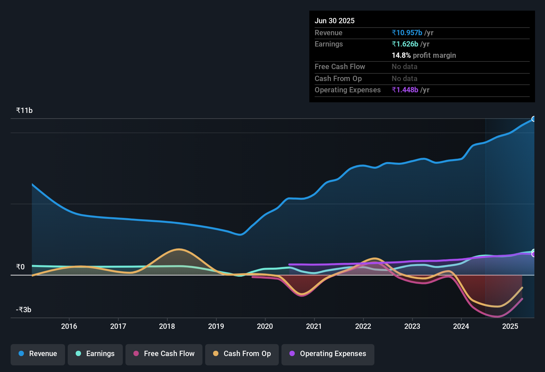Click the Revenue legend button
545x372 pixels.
pyautogui.click(x=38, y=354)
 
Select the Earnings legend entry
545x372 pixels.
pyautogui.click(x=95, y=354)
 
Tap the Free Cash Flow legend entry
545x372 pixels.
pyautogui.click(x=164, y=354)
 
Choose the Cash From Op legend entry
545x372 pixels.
pyautogui.click(x=242, y=354)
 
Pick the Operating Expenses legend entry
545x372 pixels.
pyautogui.click(x=328, y=354)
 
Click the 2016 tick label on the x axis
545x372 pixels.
pyautogui.click(x=69, y=326)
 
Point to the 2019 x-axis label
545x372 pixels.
pyautogui.click(x=216, y=326)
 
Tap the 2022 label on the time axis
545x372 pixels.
pyautogui.click(x=363, y=326)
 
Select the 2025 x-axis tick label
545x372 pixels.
pyautogui.click(x=510, y=326)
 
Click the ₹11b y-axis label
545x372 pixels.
pyautogui.click(x=24, y=111)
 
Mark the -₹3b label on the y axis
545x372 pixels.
pyautogui.click(x=24, y=310)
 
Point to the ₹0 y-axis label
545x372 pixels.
pyautogui.click(x=20, y=267)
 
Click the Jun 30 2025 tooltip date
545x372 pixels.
pyautogui.click(x=335, y=21)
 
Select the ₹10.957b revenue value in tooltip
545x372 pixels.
pyautogui.click(x=407, y=33)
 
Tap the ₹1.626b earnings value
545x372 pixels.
pyautogui.click(x=405, y=44)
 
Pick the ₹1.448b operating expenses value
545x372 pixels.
pyautogui.click(x=405, y=90)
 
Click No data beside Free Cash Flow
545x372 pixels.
pyautogui.click(x=404, y=67)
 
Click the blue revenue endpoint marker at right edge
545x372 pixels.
pyautogui.click(x=534, y=119)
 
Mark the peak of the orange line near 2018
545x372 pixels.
pyautogui.click(x=179, y=249)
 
